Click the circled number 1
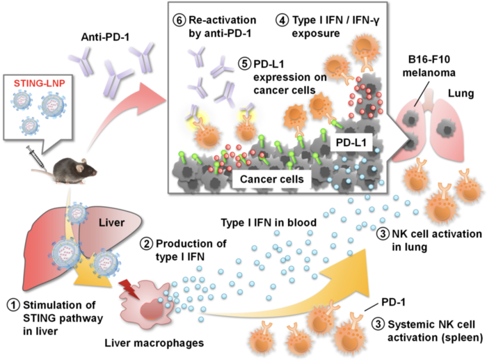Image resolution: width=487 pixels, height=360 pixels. point(10,304)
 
